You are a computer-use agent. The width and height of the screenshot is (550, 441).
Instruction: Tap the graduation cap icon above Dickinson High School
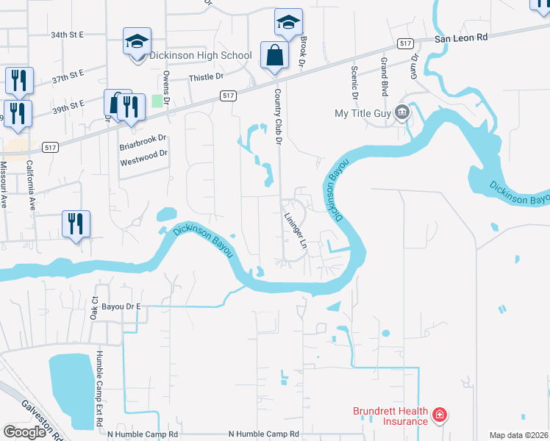pos(137,41)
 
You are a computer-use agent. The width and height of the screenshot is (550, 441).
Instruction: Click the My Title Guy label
pos(363,113)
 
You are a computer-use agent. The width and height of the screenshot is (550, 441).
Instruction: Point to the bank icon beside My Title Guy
pos(402,113)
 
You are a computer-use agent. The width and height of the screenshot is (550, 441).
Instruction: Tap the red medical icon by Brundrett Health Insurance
pos(439,415)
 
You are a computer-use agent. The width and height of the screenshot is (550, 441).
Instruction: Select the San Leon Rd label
pos(460,38)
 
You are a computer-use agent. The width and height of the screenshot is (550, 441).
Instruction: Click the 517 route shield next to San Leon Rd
pos(404,44)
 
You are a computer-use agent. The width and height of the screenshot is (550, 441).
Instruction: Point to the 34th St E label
pos(68,35)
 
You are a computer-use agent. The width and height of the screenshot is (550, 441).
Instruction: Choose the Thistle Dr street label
pos(206,76)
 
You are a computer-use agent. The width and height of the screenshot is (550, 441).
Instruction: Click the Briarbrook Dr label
pos(143,138)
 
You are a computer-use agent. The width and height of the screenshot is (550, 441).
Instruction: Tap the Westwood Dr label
pos(144,154)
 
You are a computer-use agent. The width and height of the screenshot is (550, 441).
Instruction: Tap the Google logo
pos(24,432)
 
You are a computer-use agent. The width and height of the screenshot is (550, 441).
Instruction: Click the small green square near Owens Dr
pos(157,101)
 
